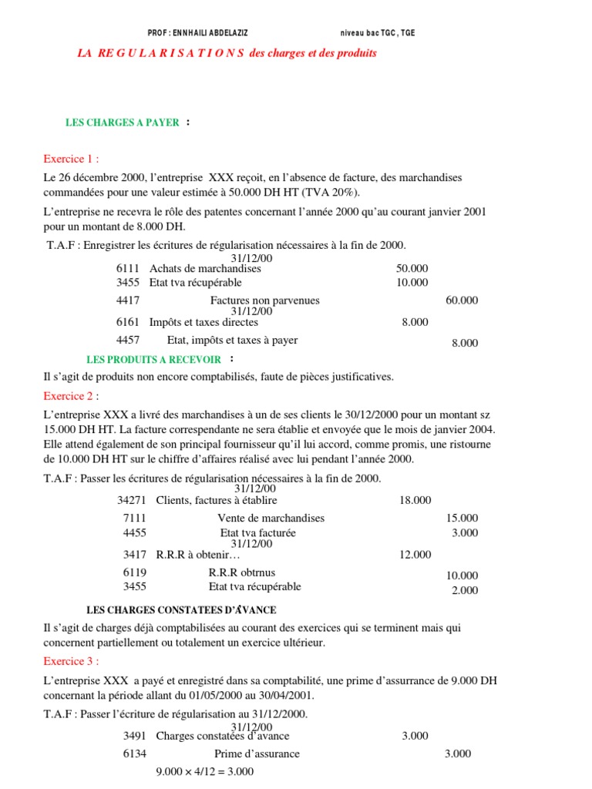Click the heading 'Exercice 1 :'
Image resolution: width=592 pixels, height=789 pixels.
point(72,159)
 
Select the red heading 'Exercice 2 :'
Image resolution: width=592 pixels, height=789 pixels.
point(72,396)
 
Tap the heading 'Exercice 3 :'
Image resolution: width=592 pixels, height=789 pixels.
point(72,661)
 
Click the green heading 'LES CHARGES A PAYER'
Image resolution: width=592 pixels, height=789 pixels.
point(123,123)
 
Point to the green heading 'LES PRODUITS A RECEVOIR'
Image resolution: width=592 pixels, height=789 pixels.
point(154,359)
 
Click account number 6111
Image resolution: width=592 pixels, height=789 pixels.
point(128,269)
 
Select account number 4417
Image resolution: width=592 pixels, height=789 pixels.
point(128,300)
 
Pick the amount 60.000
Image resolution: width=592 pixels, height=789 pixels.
point(462,300)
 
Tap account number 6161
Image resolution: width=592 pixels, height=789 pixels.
point(128,323)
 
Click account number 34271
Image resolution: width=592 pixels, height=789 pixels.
point(133,500)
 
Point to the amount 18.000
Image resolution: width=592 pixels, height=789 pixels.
point(415,501)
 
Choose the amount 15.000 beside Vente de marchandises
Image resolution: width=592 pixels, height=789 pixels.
point(462,519)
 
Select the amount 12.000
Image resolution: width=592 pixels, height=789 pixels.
point(415,555)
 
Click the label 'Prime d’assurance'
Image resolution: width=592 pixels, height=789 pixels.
point(257,754)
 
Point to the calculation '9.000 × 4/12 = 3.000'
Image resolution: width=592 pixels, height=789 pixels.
point(205,772)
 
